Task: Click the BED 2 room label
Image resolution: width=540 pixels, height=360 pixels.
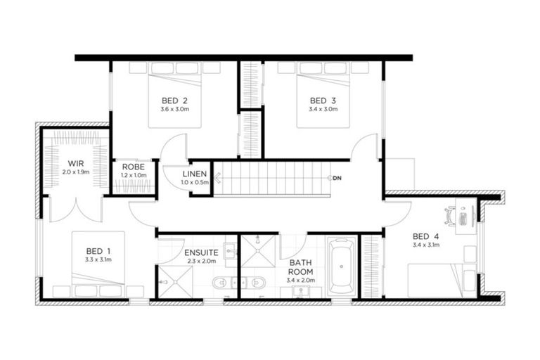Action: [173, 100]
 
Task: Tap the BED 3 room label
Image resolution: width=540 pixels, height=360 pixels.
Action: [323, 100]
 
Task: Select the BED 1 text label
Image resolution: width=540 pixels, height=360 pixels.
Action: [98, 250]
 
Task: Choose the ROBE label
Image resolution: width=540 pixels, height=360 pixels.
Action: [134, 167]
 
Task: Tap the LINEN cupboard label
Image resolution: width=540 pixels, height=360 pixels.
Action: [194, 174]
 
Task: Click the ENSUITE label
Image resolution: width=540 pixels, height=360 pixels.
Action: [200, 252]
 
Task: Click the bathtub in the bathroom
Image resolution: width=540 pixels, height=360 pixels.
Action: [342, 266]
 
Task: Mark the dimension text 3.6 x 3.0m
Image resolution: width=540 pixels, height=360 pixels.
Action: [173, 110]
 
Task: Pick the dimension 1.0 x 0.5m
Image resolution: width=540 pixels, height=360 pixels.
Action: [194, 183]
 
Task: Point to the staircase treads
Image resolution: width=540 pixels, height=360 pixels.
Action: [271, 178]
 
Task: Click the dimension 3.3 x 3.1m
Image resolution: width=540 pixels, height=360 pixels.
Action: [98, 260]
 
